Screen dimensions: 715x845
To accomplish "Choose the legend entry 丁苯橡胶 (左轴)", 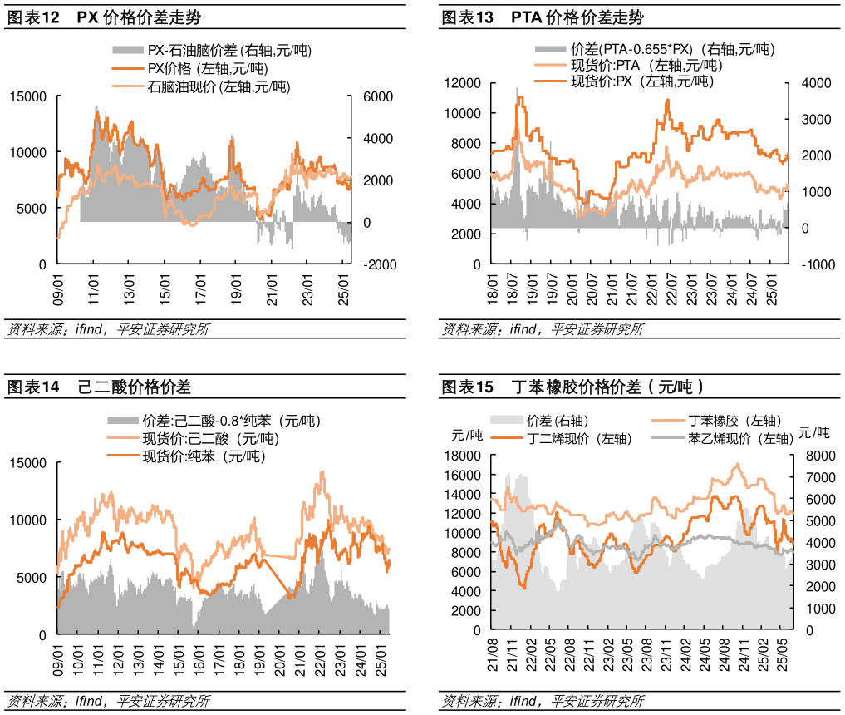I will (x=734, y=421).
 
